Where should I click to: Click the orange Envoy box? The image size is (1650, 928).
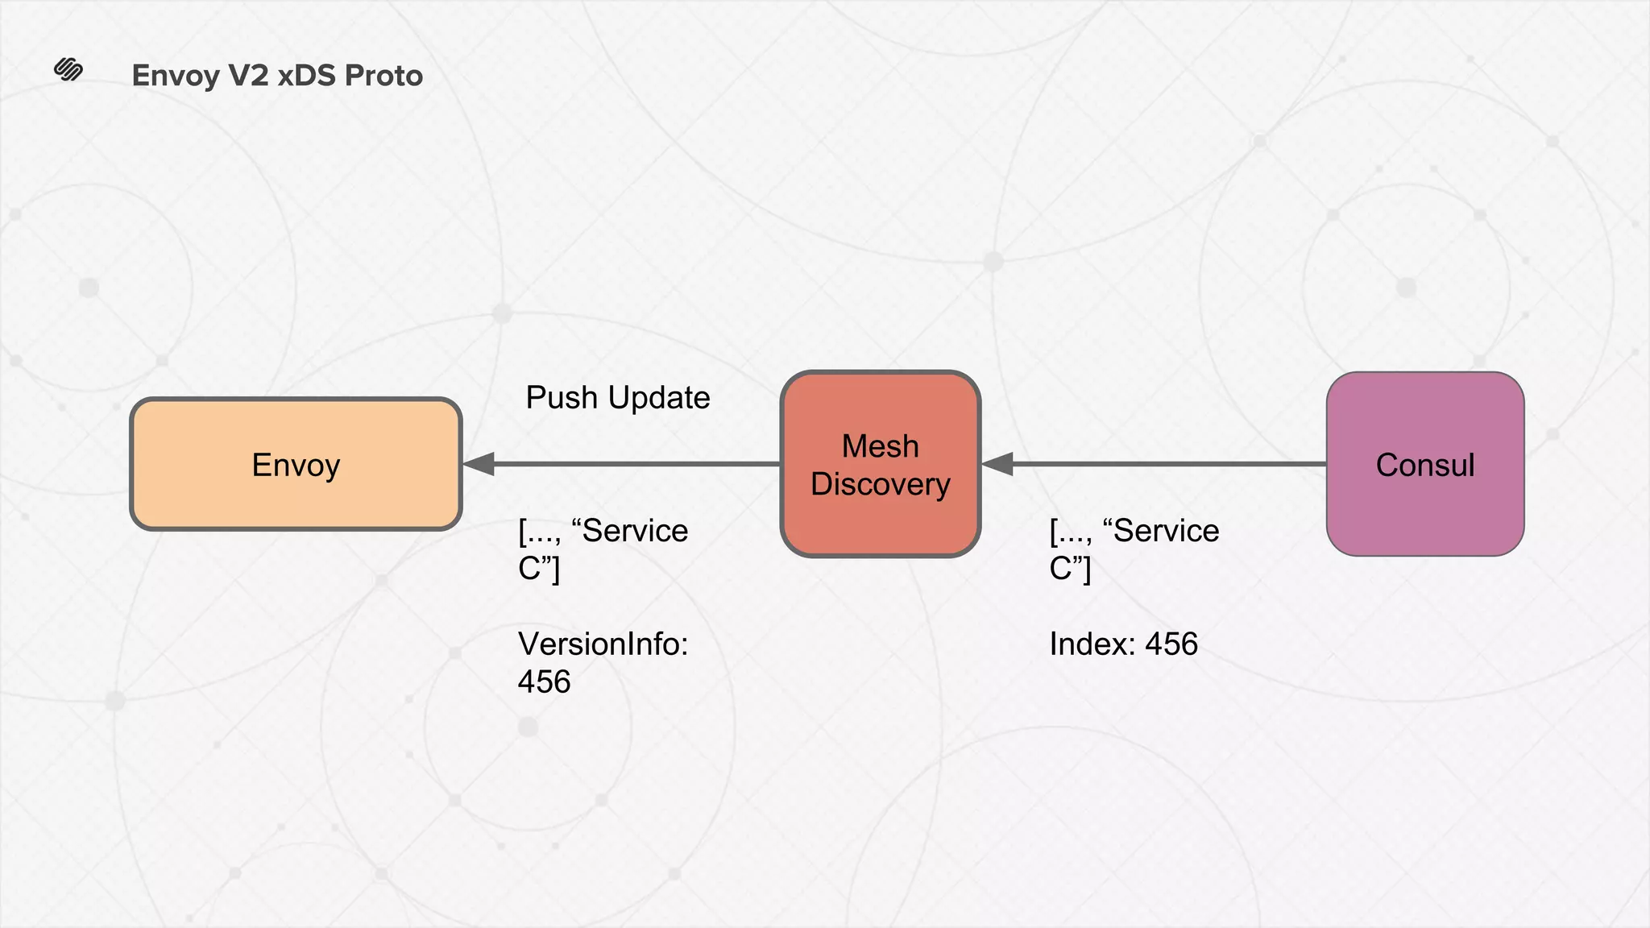(296, 465)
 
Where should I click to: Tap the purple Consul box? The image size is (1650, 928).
(1424, 465)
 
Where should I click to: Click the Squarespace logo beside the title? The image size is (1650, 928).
(68, 70)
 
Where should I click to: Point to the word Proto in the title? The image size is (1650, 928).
(383, 76)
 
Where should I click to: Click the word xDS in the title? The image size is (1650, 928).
(306, 76)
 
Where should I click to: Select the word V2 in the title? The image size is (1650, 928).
(248, 76)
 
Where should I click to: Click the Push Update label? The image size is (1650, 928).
(617, 398)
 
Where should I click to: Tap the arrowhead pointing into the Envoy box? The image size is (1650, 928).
(479, 464)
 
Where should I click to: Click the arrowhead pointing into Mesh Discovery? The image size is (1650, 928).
(997, 464)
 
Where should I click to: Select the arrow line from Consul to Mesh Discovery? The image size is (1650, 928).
(1168, 464)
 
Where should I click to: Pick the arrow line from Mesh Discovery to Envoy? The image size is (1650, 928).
(636, 464)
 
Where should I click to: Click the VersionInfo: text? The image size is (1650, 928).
(603, 644)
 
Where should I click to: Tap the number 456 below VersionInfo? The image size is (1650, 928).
(544, 681)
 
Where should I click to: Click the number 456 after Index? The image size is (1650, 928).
(1171, 644)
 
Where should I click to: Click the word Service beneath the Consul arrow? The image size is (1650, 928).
(1166, 531)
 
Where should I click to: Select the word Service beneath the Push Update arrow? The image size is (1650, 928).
(635, 531)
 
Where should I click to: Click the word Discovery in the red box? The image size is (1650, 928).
(881, 484)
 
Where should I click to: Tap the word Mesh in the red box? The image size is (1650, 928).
(881, 446)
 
